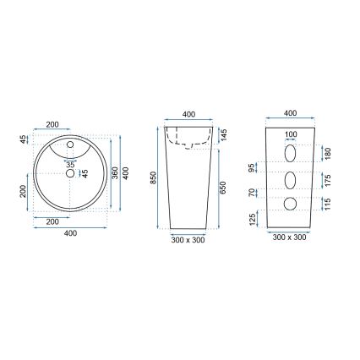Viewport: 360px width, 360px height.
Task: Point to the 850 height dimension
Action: pyautogui.click(x=153, y=179)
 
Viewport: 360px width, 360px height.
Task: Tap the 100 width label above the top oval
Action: pyautogui.click(x=291, y=135)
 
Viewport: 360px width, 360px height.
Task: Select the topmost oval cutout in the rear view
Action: pyautogui.click(x=291, y=153)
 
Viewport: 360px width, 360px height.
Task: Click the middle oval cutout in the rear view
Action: pyautogui.click(x=291, y=180)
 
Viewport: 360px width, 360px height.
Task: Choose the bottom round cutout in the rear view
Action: pyautogui.click(x=291, y=204)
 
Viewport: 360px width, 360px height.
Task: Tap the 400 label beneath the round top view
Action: pyautogui.click(x=71, y=233)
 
